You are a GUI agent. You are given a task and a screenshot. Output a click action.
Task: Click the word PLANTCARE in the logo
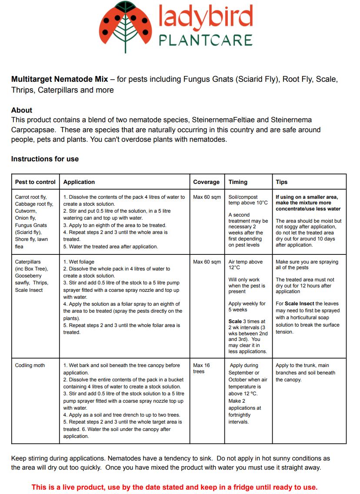[205, 40]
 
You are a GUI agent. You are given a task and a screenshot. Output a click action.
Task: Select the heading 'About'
[22, 110]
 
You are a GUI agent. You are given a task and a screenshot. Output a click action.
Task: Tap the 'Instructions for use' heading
[45, 159]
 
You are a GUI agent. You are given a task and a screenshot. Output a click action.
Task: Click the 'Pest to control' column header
[35, 182]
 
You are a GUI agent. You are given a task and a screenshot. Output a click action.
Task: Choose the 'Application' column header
[79, 182]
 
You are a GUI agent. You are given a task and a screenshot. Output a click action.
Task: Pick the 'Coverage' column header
[207, 182]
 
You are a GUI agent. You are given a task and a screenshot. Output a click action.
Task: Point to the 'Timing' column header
[238, 182]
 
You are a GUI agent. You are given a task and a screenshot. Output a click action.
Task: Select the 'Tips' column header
[281, 182]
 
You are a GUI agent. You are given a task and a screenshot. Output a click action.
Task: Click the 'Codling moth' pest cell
[30, 365]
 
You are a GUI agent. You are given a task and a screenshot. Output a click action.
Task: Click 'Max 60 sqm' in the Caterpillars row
[207, 262]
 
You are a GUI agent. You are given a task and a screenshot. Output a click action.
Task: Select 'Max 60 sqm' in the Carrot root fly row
[207, 197]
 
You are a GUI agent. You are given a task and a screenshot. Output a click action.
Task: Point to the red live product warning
[174, 487]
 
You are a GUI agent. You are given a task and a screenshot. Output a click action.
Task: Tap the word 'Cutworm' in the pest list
[26, 211]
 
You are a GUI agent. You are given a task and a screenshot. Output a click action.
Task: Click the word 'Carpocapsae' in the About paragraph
[30, 130]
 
